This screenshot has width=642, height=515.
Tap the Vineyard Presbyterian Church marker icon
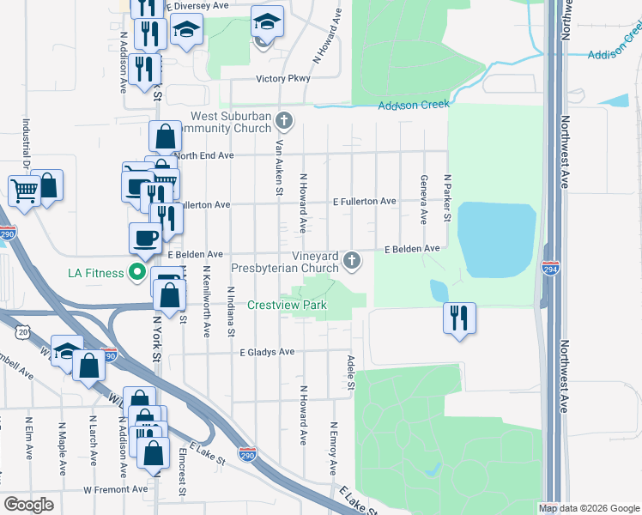pos(351,259)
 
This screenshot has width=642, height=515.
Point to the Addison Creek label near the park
pos(415,105)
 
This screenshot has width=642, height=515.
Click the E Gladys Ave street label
pos(267,352)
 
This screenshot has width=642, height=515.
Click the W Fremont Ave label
pos(117,489)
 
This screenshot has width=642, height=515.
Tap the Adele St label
pos(351,377)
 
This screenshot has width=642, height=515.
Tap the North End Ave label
pos(206,156)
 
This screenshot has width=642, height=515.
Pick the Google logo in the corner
pos(28,505)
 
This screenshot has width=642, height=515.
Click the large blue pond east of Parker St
pos(498,238)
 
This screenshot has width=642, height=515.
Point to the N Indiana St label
pos(230,312)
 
